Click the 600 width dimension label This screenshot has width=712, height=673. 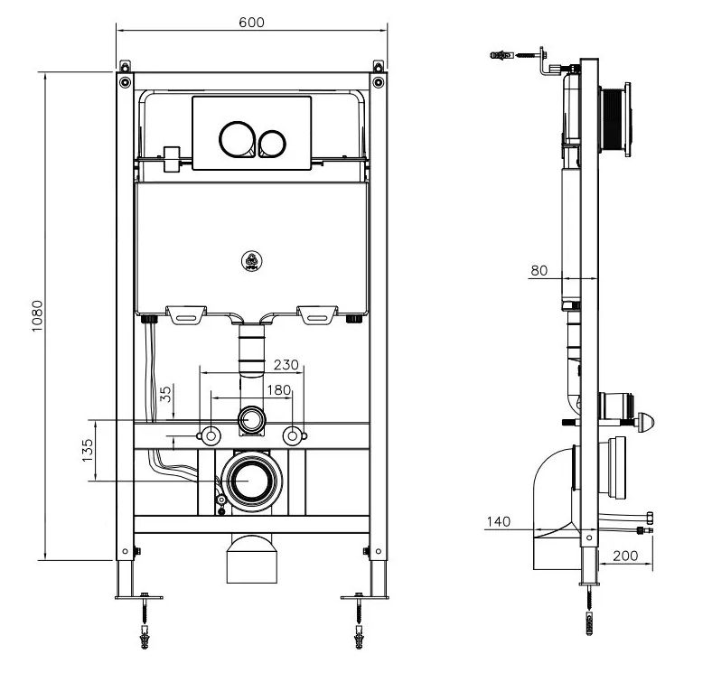coord(252,23)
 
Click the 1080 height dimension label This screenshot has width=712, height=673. coord(37,315)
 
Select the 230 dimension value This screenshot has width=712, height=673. coord(286,365)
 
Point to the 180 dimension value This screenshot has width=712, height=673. coord(279,389)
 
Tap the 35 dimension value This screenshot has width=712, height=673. coord(164,394)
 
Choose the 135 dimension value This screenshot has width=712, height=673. coord(88,450)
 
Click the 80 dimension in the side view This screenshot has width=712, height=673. coord(539,269)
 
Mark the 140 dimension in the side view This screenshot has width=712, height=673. coord(497,521)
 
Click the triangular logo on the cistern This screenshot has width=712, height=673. coord(252,262)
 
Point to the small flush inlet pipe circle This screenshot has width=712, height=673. coord(251,420)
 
